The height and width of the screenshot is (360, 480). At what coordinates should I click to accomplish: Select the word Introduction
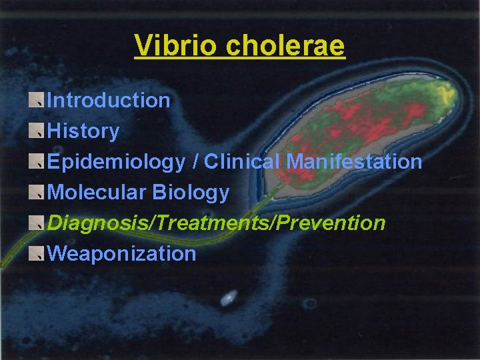[109, 101]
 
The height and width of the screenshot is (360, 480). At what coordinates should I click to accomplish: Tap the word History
[83, 131]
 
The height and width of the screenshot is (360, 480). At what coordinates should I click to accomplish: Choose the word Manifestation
[354, 162]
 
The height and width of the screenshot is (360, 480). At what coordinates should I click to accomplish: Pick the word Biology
[191, 193]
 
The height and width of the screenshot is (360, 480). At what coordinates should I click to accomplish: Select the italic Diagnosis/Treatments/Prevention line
[217, 223]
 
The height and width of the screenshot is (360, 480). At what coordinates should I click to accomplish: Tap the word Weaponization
[122, 254]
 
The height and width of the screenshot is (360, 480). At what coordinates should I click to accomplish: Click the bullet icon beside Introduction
[37, 101]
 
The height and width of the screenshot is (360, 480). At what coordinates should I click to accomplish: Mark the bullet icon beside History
[37, 131]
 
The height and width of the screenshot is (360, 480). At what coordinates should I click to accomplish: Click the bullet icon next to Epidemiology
[37, 162]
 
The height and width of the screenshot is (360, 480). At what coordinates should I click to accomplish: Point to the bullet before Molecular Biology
[37, 193]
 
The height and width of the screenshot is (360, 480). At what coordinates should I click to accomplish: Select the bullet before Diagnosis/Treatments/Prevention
[37, 223]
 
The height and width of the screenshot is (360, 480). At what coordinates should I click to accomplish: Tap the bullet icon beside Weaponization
[37, 254]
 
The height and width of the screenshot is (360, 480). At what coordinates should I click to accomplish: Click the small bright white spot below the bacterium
[229, 297]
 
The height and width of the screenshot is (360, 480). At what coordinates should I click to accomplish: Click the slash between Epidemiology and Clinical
[195, 162]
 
